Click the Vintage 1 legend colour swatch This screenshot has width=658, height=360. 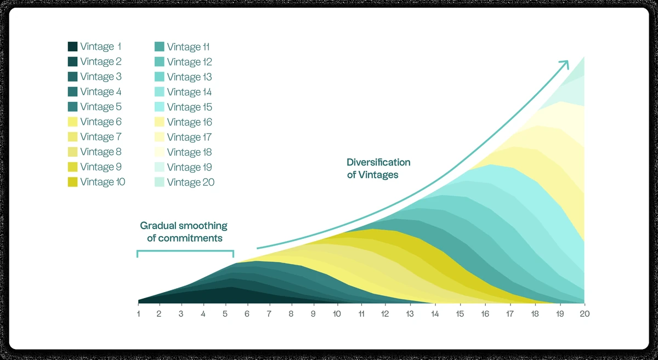[x=72, y=47]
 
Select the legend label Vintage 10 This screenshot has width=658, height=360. [x=103, y=182]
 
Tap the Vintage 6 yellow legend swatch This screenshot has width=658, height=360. [x=72, y=122]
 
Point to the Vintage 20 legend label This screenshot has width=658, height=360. [x=190, y=182]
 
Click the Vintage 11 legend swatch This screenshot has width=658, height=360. [x=160, y=47]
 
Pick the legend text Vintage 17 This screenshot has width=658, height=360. [x=189, y=137]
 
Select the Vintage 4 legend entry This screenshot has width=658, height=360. [x=100, y=92]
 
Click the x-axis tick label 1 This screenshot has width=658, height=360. [x=138, y=314]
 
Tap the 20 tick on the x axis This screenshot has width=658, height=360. [x=584, y=314]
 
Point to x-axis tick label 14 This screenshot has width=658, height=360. [x=435, y=314]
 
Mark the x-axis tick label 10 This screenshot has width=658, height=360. [x=337, y=314]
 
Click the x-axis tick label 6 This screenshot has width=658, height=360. [x=247, y=314]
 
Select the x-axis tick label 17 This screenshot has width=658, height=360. [x=510, y=314]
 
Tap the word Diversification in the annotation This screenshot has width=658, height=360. [x=378, y=163]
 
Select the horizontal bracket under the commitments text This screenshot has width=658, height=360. [x=185, y=252]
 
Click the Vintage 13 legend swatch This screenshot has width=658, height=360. [x=160, y=77]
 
